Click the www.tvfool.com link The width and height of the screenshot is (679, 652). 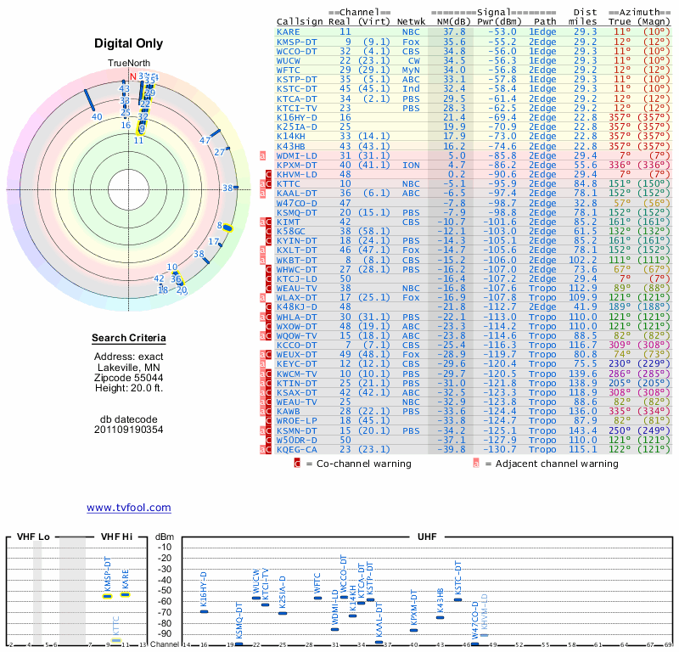pyautogui.click(x=128, y=508)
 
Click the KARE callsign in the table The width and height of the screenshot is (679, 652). pyautogui.click(x=288, y=31)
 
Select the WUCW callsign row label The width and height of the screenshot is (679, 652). pyautogui.click(x=289, y=60)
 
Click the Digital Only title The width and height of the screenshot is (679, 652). pyautogui.click(x=128, y=44)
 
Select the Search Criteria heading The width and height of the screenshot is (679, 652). pyautogui.click(x=128, y=339)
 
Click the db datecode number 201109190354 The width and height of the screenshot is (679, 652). pyautogui.click(x=128, y=430)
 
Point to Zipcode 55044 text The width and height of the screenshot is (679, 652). pyautogui.click(x=128, y=378)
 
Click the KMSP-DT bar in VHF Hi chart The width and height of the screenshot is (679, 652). pyautogui.click(x=108, y=596)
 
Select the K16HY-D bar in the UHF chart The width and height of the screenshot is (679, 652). pyautogui.click(x=204, y=611)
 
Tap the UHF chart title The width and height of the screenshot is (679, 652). pyautogui.click(x=428, y=537)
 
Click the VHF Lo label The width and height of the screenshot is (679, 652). pyautogui.click(x=33, y=537)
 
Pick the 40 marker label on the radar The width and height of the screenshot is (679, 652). pyautogui.click(x=97, y=117)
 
